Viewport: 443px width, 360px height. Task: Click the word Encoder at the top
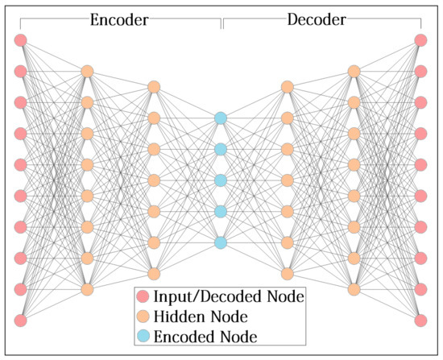[x=118, y=20]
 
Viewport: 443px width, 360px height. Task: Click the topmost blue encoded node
[x=220, y=118]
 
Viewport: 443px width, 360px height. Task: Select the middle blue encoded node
[x=220, y=180]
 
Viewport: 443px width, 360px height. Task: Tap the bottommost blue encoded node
[x=220, y=242]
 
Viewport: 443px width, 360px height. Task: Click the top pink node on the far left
[x=21, y=40]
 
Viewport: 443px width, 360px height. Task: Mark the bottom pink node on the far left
[x=21, y=321]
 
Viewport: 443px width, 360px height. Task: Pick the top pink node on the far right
[x=420, y=40]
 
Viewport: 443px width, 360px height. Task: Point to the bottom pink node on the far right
[x=420, y=321]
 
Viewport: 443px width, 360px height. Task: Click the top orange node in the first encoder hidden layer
[x=87, y=72]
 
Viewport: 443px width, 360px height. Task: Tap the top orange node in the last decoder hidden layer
[x=353, y=72]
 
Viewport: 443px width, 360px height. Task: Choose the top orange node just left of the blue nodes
[x=154, y=87]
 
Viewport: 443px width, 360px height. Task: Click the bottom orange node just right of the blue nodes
[x=287, y=274]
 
